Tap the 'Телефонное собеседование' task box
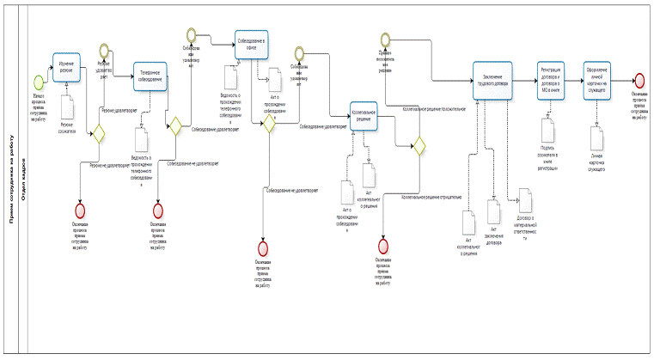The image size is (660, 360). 150,78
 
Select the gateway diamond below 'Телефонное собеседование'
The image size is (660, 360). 175,126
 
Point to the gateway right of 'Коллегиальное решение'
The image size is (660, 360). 419,146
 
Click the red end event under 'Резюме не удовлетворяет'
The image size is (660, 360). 81,210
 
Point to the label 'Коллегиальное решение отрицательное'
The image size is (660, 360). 429,197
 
